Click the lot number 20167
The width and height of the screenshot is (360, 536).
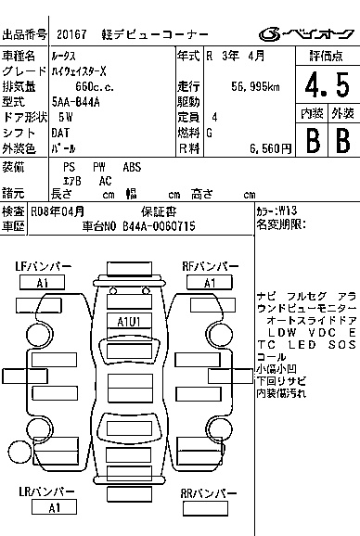pos(71,34)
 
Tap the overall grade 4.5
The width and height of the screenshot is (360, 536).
pos(328,84)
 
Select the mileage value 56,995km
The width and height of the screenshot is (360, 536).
pos(255,87)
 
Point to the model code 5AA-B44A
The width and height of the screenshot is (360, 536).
pos(75,102)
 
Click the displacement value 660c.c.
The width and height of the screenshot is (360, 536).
pos(95,87)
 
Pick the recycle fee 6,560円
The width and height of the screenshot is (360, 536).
pos(270,148)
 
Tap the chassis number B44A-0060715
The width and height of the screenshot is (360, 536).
pos(159,226)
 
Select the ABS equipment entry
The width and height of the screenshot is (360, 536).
pos(132,167)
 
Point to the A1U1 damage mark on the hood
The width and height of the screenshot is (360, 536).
pos(129,322)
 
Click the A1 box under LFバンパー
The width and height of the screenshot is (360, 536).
pos(42,283)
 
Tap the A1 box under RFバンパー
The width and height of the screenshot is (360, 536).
pos(210,283)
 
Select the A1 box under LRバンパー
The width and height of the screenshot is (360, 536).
pos(54,507)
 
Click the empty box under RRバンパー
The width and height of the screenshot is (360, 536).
pos(205,508)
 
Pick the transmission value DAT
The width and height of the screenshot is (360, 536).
pos(60,133)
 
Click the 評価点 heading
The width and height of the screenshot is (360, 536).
pos(327,56)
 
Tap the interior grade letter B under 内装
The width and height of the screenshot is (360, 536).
pos(313,141)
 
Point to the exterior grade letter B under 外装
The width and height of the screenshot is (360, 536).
pos(343,141)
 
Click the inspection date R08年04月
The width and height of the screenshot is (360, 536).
pos(58,211)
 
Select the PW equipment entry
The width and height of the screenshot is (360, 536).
pos(99,167)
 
